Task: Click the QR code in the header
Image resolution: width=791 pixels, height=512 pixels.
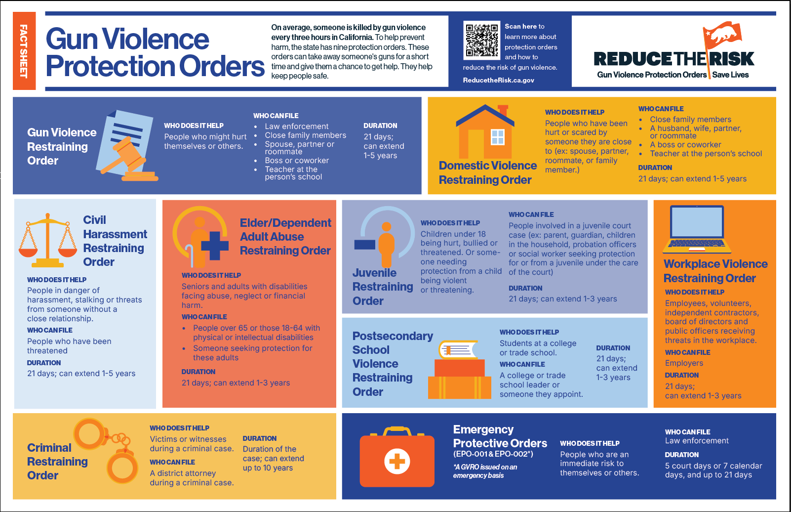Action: [482, 41]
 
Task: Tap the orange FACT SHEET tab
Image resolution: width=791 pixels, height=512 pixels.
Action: [24, 51]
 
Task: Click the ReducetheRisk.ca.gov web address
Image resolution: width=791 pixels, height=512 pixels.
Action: [498, 80]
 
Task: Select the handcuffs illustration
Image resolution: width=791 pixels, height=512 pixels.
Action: [105, 450]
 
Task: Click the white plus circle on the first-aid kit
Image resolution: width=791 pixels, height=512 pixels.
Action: [397, 461]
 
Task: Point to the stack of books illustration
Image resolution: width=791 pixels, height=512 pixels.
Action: [459, 370]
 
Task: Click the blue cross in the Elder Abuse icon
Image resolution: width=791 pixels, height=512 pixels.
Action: [215, 246]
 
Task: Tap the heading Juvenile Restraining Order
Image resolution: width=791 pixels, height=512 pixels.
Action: [383, 287]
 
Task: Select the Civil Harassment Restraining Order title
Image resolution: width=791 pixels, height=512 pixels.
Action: [115, 241]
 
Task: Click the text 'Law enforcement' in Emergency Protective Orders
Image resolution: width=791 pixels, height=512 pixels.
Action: [697, 441]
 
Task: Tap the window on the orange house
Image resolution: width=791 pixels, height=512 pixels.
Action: [498, 137]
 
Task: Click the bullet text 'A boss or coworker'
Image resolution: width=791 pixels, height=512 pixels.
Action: [685, 144]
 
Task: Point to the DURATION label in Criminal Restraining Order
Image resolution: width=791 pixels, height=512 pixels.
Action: [260, 438]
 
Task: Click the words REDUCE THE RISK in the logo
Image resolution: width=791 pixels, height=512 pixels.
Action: [674, 59]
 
